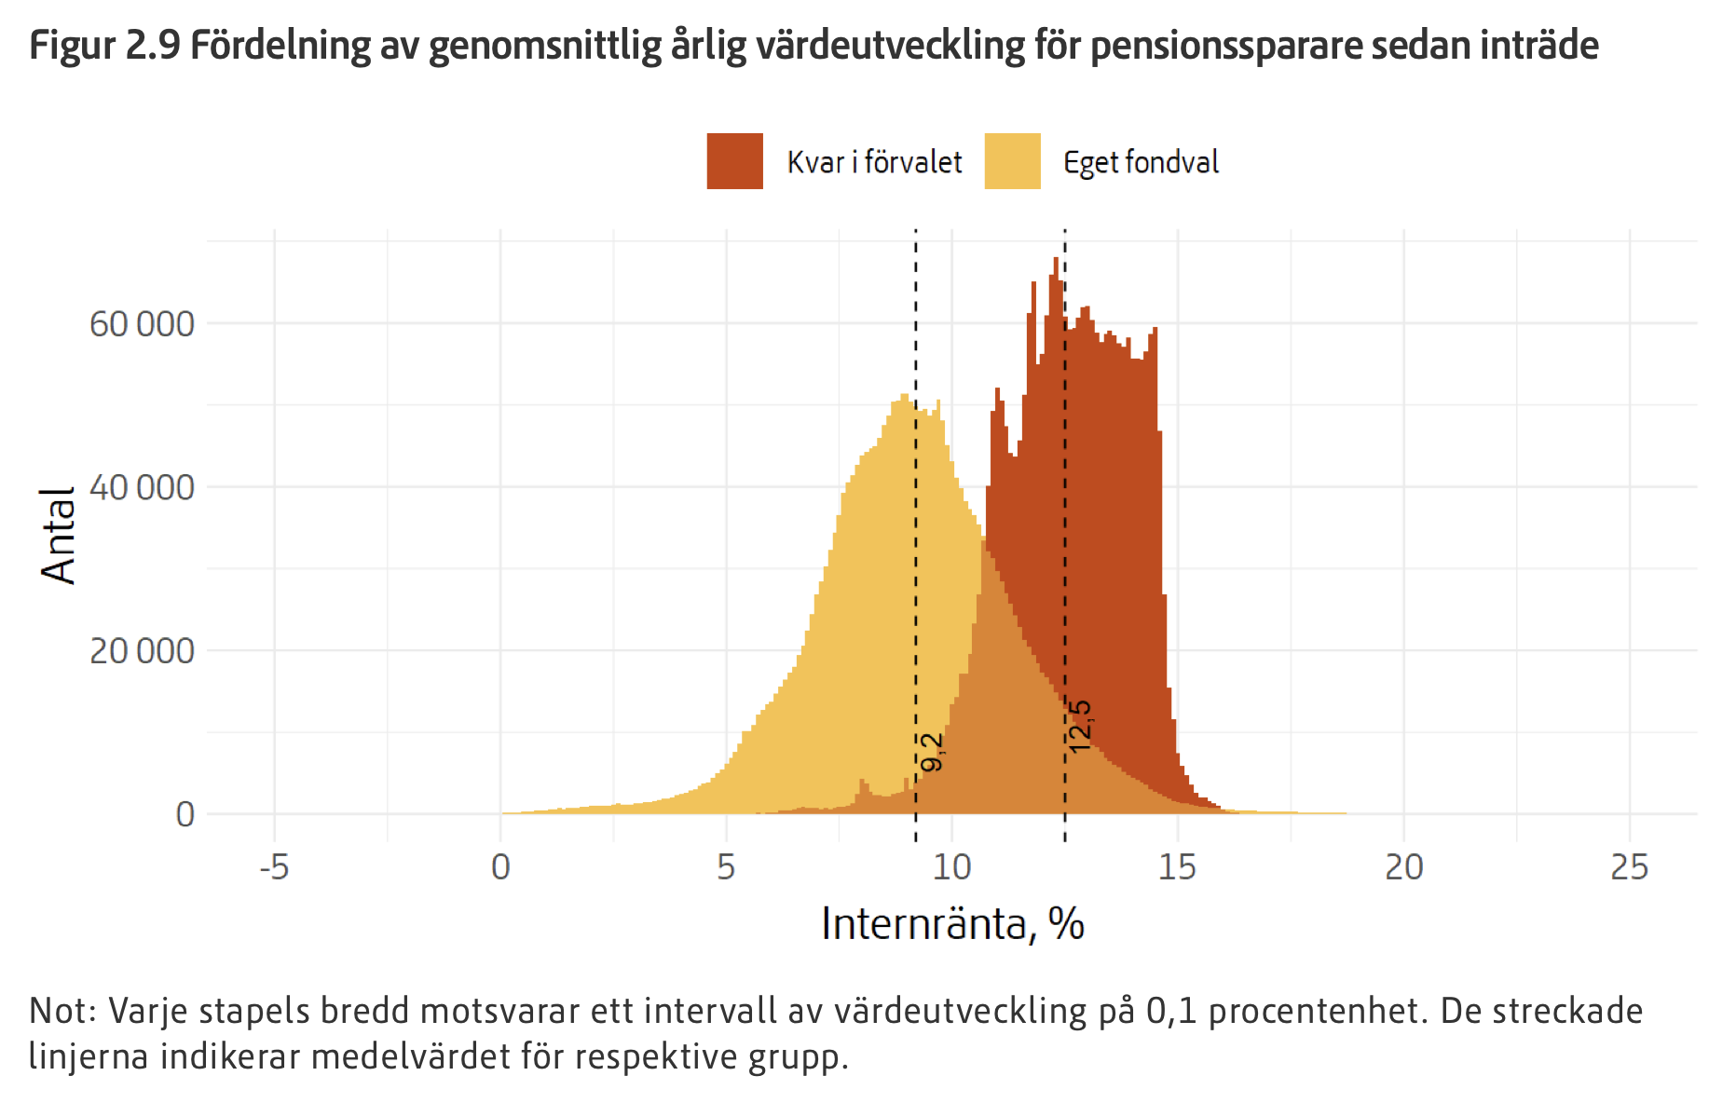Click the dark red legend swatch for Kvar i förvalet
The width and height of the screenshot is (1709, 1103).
(734, 161)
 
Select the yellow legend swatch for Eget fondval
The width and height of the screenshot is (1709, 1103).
(1012, 161)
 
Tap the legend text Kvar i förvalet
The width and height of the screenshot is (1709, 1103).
(874, 162)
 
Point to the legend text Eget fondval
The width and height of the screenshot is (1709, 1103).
(1141, 162)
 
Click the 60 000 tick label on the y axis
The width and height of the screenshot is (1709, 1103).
(142, 324)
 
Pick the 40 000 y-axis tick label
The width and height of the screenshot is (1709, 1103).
(142, 487)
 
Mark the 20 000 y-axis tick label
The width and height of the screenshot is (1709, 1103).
(142, 651)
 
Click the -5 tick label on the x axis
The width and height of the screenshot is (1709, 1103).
(274, 868)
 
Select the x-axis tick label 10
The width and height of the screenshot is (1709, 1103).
(951, 868)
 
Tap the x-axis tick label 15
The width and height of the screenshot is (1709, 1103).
(1177, 868)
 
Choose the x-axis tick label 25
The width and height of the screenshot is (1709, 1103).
(1629, 868)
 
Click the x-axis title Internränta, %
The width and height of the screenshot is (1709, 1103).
(952, 924)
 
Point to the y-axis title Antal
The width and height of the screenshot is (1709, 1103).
(58, 536)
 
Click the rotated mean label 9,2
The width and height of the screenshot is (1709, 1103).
(932, 753)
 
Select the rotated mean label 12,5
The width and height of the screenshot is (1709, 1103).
(1079, 727)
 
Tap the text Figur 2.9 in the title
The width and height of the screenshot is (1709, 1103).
(104, 45)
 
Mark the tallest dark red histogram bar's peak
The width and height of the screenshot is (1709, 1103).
(1056, 260)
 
